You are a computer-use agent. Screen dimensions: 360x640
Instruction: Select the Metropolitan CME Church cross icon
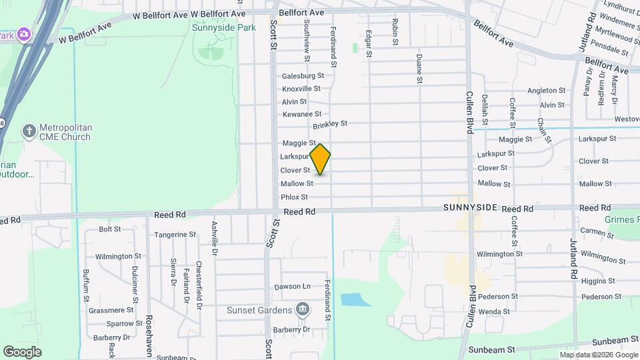[x=29, y=131]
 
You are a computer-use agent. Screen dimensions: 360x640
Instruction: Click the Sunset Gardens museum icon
[x=303, y=309]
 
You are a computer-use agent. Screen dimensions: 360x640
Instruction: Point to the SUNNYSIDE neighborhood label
[x=470, y=208]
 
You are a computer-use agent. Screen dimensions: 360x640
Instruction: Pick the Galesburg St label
[x=303, y=76]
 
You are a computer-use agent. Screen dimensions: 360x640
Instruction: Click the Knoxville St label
[x=301, y=89]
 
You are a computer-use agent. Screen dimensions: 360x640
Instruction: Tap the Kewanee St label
[x=302, y=115]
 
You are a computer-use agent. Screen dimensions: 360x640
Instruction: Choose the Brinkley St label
[x=330, y=124]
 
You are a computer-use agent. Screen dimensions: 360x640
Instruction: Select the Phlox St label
[x=294, y=197]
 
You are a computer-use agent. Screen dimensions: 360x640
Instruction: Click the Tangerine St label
[x=175, y=235]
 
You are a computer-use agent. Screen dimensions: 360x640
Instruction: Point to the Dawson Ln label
[x=293, y=287]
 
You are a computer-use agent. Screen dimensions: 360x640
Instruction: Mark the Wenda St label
[x=494, y=311]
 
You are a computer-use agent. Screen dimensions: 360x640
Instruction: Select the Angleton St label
[x=546, y=91]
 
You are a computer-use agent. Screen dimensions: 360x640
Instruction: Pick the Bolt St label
[x=109, y=229]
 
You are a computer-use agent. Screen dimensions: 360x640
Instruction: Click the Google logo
[x=22, y=352]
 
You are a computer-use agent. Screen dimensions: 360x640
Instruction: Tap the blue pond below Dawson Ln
[x=355, y=299]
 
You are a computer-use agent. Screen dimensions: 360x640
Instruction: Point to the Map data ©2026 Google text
[x=598, y=355]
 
